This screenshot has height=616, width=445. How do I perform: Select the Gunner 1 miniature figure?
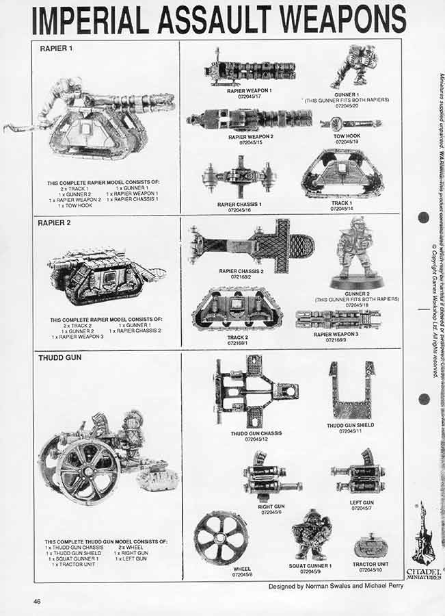coord(353,66)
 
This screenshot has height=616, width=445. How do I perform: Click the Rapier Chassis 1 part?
coord(239,177)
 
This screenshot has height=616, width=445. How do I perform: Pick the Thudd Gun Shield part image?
coord(350,389)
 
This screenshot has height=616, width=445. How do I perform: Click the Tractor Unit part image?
coord(371,548)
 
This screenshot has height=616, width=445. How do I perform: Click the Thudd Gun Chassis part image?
coord(254,392)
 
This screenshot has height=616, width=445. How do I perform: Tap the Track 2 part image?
coord(237,309)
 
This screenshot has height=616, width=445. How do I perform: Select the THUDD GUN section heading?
coord(57,357)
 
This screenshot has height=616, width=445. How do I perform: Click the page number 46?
coord(38,600)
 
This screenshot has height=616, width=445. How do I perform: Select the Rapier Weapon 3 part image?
coord(338,318)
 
